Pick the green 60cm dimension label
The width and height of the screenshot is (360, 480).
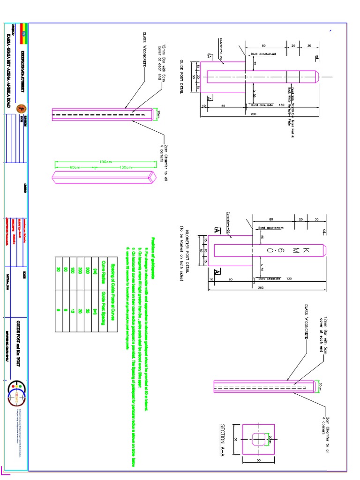point(75,167)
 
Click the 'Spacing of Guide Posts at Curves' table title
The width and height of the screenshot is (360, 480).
point(112,291)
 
